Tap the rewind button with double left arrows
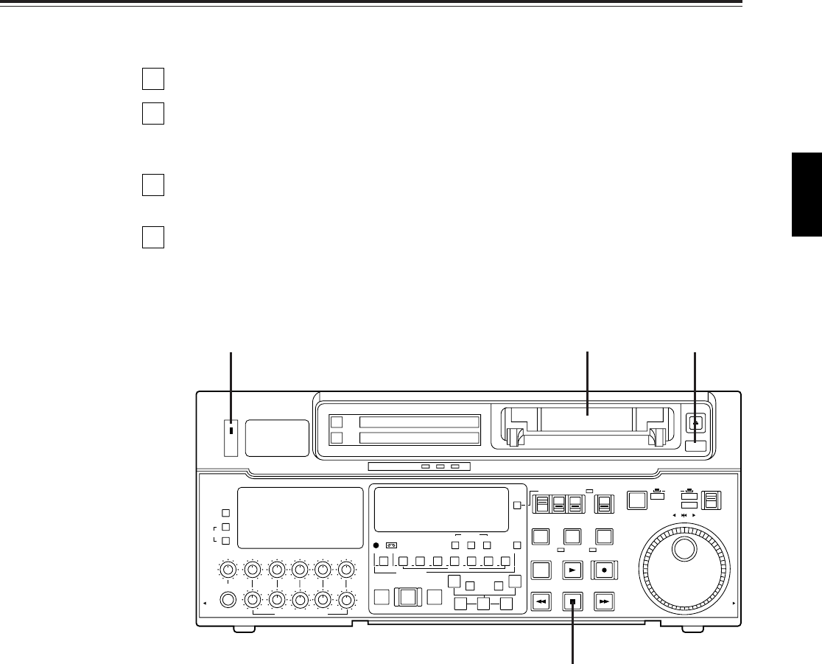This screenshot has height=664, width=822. click(x=541, y=601)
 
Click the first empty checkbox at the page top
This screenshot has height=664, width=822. click(x=153, y=79)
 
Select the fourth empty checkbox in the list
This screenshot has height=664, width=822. click(x=153, y=237)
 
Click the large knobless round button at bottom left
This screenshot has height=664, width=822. click(x=228, y=598)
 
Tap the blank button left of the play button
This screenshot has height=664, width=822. click(x=541, y=570)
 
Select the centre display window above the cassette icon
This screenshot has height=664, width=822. click(x=442, y=509)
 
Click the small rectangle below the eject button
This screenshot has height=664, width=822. click(x=695, y=445)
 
